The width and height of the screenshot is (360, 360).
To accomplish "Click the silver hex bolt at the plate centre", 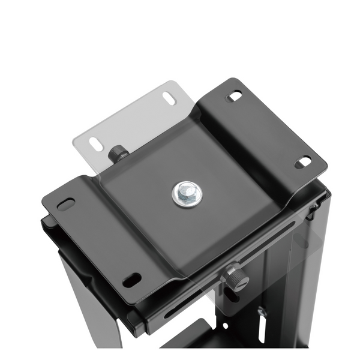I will (187, 194).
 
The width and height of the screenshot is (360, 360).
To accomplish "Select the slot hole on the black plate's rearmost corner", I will (234, 96).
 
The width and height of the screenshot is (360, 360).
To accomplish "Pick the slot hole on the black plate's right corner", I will (303, 162).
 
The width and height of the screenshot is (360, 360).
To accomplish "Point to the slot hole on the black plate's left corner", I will (66, 204).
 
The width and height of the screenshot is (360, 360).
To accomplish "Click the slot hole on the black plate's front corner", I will (131, 280).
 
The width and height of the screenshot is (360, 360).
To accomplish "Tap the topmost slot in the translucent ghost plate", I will (169, 98).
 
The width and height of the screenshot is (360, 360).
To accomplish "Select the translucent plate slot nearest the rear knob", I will (96, 144).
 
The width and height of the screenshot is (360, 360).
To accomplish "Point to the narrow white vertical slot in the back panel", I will (262, 331).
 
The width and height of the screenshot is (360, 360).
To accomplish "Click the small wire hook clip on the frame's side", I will (312, 209).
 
